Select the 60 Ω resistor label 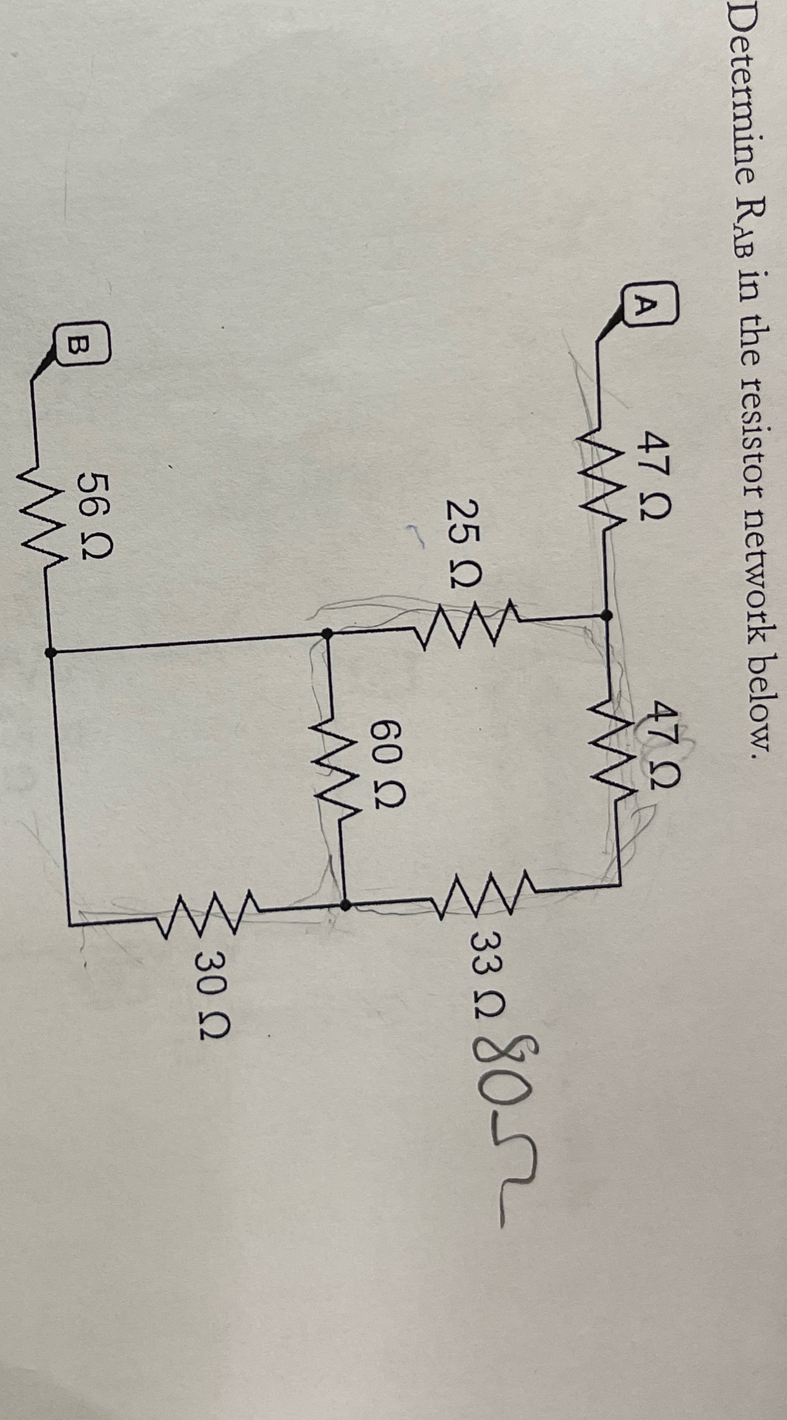(x=388, y=754)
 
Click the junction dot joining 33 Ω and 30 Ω (x=345, y=905)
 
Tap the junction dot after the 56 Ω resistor (x=50, y=652)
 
